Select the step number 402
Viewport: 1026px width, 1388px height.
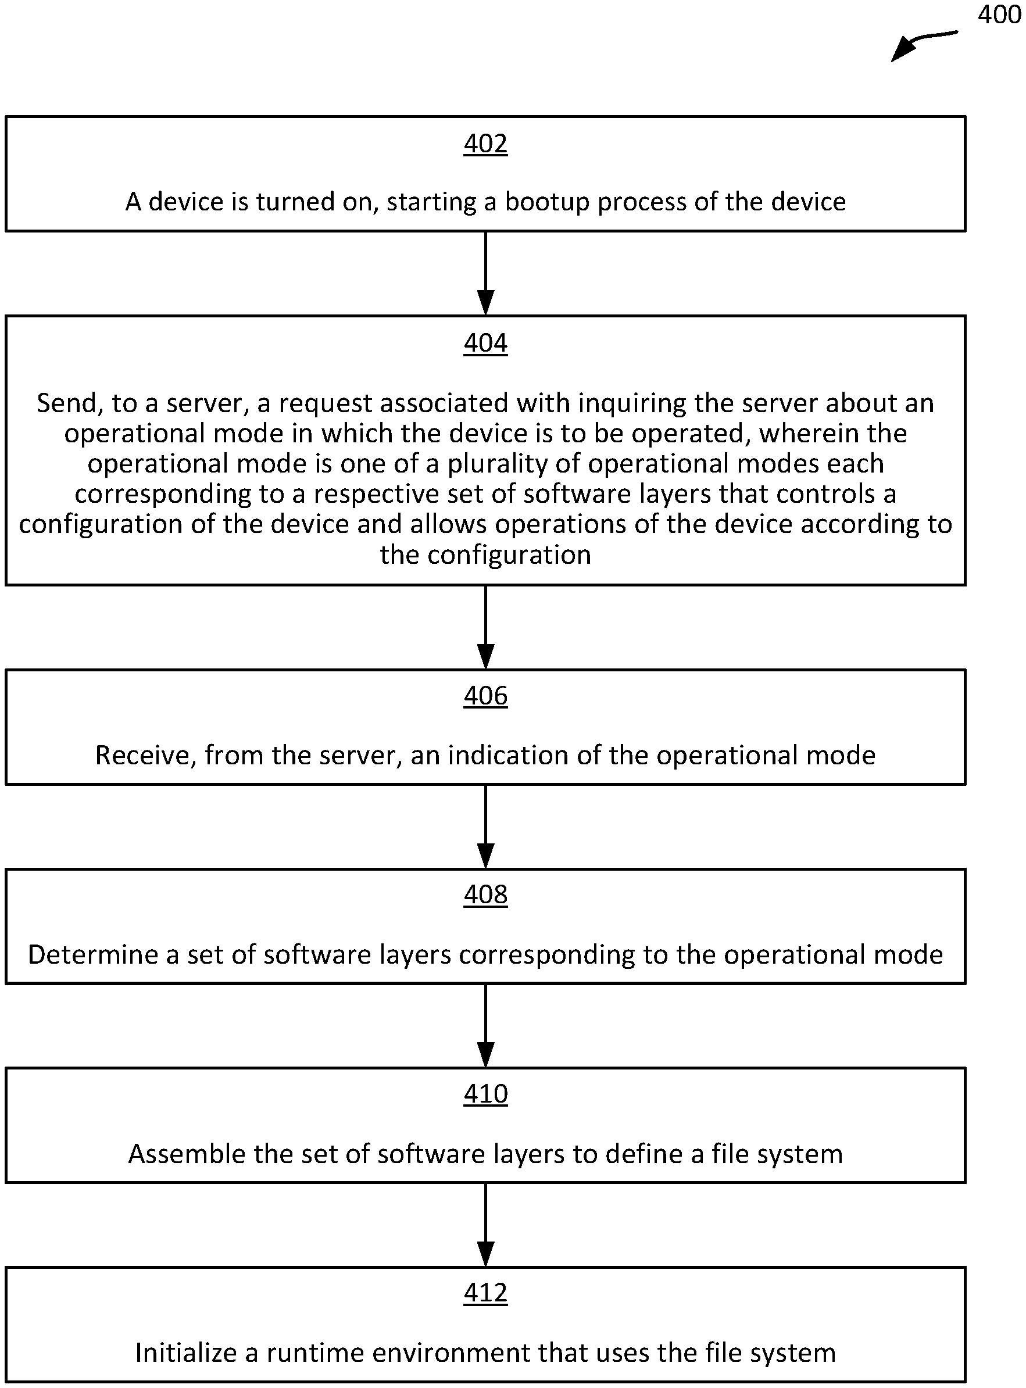point(485,144)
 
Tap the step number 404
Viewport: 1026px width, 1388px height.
point(485,343)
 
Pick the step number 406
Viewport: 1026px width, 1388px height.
point(485,696)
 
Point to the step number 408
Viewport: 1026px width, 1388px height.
point(485,895)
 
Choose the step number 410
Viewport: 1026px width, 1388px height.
point(485,1094)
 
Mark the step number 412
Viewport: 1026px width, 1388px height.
point(485,1292)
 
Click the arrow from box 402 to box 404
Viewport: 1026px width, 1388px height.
point(485,273)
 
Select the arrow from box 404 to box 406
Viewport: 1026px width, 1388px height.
point(485,627)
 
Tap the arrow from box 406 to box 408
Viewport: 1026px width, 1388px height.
point(485,827)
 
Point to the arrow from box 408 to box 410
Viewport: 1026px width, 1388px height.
point(485,1026)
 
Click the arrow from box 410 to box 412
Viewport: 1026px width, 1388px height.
point(485,1225)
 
